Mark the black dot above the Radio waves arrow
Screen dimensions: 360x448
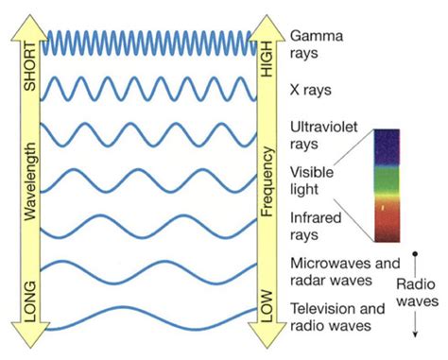[417, 255]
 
